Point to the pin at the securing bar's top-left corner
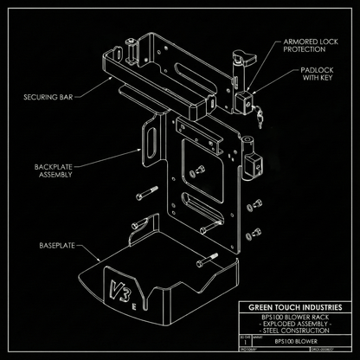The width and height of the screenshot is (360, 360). pyautogui.click(x=128, y=42)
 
